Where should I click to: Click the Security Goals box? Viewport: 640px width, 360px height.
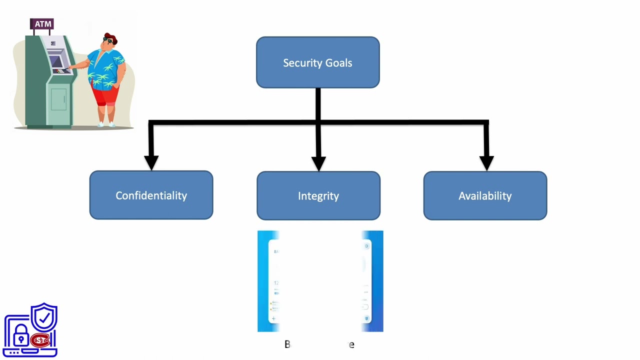click(317, 62)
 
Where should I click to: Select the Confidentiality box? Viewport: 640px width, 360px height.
click(151, 195)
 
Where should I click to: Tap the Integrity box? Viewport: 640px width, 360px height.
click(318, 195)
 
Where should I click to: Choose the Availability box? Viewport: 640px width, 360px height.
click(484, 195)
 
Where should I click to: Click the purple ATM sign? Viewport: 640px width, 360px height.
click(42, 24)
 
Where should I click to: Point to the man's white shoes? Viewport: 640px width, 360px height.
click(105, 123)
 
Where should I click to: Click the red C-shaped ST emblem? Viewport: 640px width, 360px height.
click(40, 340)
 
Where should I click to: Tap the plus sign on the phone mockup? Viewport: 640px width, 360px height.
click(273, 318)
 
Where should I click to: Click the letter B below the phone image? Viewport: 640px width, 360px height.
click(287, 344)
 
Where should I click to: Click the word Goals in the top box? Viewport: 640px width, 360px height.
click(340, 63)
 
